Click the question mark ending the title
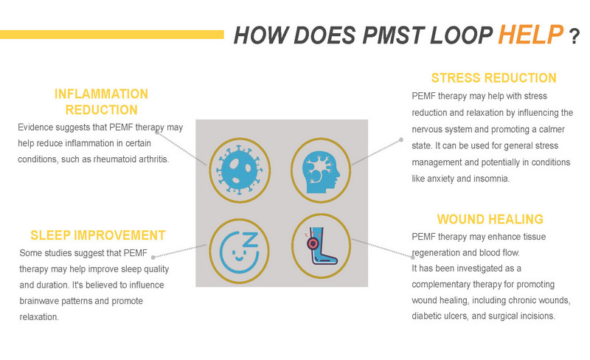pyautogui.click(x=574, y=37)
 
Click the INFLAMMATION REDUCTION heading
pyautogui.click(x=101, y=102)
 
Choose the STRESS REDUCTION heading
pyautogui.click(x=493, y=77)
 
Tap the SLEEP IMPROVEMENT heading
pyautogui.click(x=98, y=235)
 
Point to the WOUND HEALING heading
pyautogui.click(x=490, y=219)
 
